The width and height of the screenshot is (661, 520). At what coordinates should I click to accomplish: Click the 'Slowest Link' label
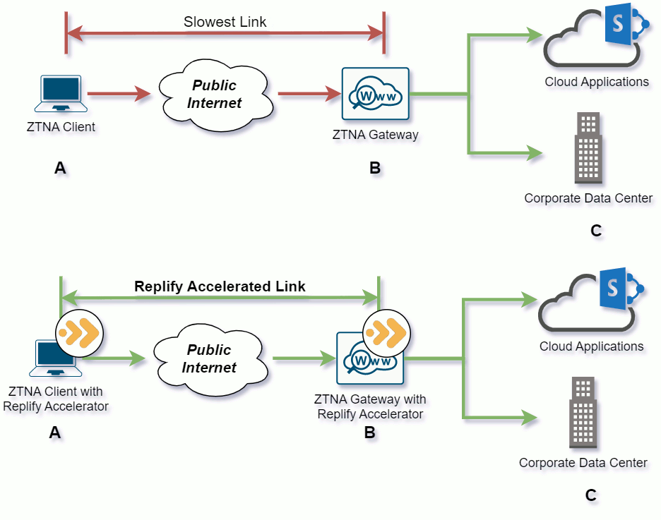point(225,22)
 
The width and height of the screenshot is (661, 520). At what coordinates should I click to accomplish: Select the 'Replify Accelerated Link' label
point(220,286)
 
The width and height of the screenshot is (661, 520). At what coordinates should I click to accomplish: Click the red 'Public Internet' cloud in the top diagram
point(215,93)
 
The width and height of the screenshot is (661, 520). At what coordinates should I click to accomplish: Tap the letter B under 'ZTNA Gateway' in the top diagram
point(374,168)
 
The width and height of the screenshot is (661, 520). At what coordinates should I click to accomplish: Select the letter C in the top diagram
point(596,231)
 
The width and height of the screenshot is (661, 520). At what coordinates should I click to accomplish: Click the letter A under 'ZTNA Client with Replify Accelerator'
point(55,433)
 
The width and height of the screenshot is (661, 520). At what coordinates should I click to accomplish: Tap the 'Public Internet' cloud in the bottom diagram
point(209,358)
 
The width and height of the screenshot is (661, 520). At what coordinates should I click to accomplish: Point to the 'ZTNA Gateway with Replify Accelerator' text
point(370,407)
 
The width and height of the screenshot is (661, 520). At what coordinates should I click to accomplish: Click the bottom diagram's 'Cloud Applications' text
point(591,346)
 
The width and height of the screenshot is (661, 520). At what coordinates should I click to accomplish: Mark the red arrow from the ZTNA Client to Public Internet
point(119,93)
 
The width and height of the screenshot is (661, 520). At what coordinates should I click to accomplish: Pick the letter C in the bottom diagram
point(591,495)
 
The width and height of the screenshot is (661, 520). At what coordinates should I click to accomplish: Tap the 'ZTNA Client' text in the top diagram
point(59,128)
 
